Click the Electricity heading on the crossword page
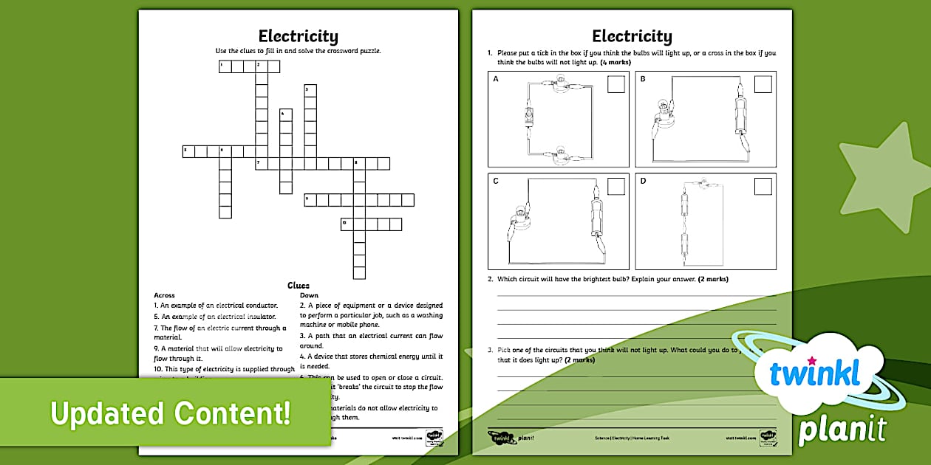(299, 36)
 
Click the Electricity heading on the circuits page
(632, 36)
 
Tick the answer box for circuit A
(615, 84)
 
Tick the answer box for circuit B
(763, 84)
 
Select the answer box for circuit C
(615, 187)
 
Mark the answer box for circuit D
(763, 187)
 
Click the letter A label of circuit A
(496, 79)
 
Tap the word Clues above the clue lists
(299, 286)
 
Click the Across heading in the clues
(164, 295)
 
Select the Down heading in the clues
(309, 295)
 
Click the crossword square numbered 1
(225, 66)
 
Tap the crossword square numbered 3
(310, 91)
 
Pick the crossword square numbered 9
(310, 200)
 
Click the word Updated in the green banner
(103, 413)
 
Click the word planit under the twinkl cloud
(842, 429)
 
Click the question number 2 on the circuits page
(490, 279)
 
